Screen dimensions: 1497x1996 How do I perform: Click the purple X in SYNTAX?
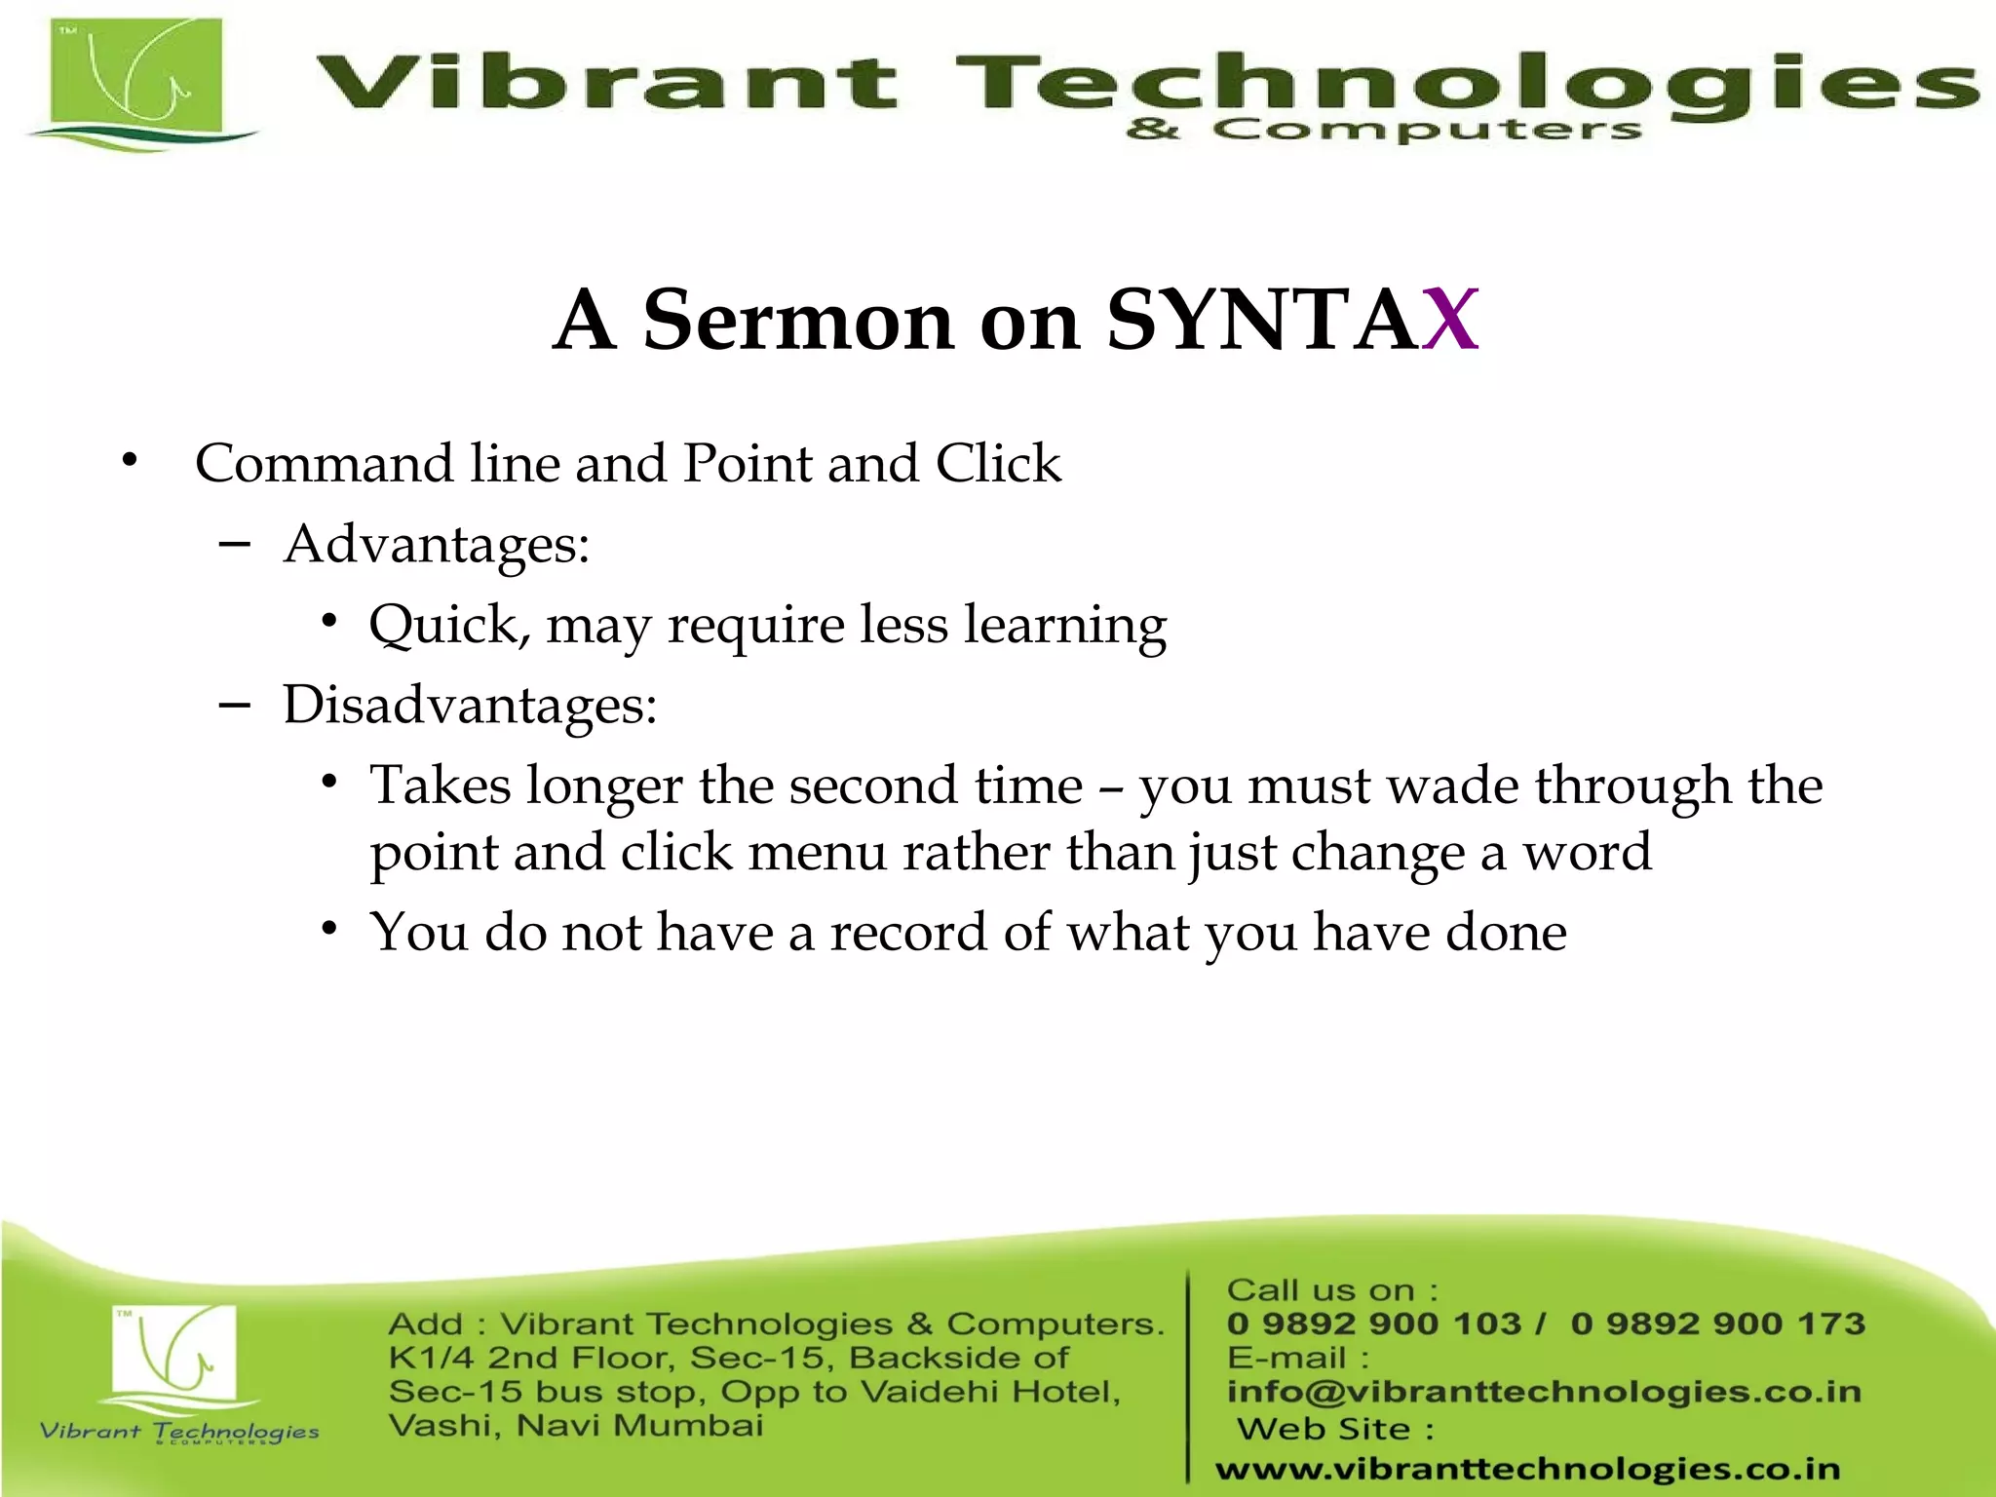(x=1449, y=320)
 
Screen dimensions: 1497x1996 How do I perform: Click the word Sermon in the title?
(x=797, y=320)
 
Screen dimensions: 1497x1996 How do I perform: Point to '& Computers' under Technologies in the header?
(x=1384, y=130)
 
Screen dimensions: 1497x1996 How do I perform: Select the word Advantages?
(x=437, y=544)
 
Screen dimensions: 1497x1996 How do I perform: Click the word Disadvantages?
(x=470, y=705)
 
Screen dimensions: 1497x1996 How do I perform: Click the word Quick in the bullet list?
(x=448, y=625)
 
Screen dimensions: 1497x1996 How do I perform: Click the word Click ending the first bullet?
(x=998, y=463)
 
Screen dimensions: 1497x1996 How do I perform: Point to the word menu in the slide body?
(x=817, y=853)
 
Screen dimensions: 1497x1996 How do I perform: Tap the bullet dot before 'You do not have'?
(x=330, y=929)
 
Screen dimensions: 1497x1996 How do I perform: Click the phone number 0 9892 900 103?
(x=1374, y=1324)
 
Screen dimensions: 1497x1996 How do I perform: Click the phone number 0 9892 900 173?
(x=1717, y=1324)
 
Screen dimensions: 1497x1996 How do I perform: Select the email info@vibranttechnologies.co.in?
(x=1544, y=1392)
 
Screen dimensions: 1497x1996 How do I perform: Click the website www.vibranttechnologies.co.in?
(x=1527, y=1469)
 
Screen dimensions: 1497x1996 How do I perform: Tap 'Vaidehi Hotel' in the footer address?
(x=990, y=1392)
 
